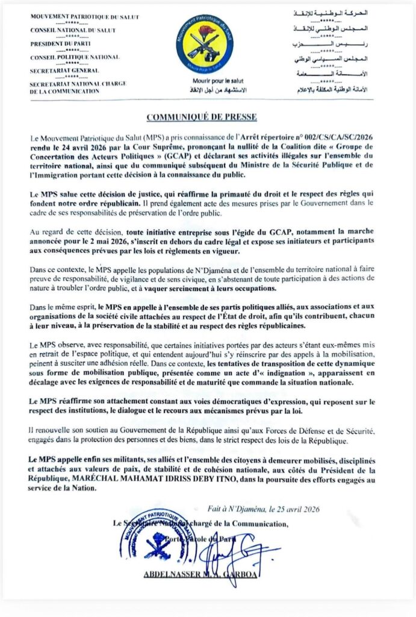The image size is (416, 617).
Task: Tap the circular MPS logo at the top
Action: click(x=206, y=43)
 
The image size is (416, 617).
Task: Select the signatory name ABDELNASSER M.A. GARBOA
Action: click(x=201, y=574)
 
